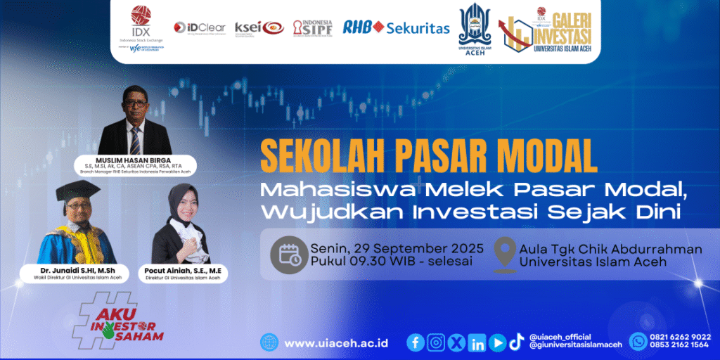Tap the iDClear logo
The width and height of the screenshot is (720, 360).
click(x=200, y=27)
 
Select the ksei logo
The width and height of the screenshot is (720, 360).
click(x=259, y=27)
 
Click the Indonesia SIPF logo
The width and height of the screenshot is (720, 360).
click(x=312, y=27)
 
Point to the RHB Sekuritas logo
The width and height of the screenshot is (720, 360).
click(x=396, y=27)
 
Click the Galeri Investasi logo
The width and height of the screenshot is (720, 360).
click(x=545, y=27)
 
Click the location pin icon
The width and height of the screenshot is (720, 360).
click(x=503, y=255)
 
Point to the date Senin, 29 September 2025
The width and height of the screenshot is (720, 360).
click(x=396, y=248)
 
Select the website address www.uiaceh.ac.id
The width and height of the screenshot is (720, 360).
click(x=336, y=343)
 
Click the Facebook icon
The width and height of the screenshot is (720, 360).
click(x=416, y=342)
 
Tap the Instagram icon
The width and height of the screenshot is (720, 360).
click(x=436, y=342)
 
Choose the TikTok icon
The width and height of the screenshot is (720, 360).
click(x=517, y=342)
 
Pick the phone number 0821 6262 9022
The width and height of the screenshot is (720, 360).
click(x=681, y=336)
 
